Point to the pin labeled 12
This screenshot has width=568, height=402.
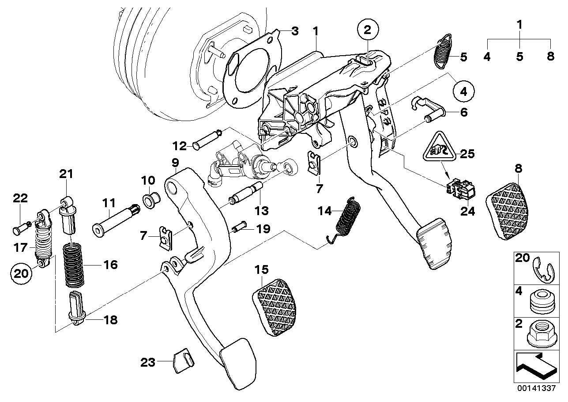pos(207,139)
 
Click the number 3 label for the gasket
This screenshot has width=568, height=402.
pos(294,31)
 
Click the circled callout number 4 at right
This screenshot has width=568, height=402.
pos(463,92)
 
